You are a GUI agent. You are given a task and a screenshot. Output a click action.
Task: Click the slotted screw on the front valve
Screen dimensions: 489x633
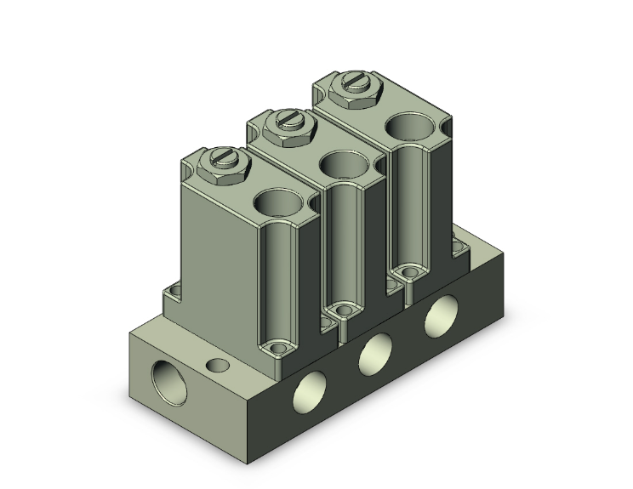[x=223, y=157]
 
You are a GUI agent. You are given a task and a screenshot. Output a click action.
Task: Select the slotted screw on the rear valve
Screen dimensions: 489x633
[x=352, y=82]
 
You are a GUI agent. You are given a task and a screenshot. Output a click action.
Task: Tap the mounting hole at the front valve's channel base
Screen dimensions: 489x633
[x=277, y=348]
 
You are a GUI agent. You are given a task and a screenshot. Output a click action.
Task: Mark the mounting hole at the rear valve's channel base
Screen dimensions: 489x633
[x=409, y=272]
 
